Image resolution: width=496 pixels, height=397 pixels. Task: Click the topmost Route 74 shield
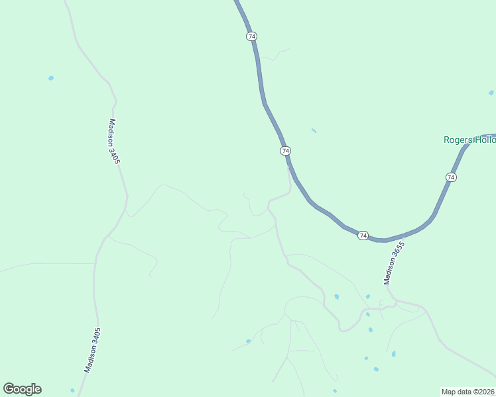click(251, 36)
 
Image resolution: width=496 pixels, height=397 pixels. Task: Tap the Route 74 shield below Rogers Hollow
click(451, 177)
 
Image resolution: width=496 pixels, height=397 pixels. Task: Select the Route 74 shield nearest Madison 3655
click(363, 236)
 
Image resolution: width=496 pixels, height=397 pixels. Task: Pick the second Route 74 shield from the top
click(285, 151)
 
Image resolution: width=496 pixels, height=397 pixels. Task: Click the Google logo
click(22, 389)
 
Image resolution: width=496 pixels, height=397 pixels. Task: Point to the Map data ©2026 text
click(468, 391)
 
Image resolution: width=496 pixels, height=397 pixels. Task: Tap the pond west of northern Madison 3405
click(51, 78)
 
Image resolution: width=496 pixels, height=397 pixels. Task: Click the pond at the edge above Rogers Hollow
click(491, 93)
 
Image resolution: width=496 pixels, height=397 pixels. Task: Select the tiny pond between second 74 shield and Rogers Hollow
click(314, 130)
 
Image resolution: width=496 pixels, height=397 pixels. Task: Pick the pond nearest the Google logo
click(72, 390)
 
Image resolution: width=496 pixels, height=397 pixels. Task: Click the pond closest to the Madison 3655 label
click(368, 296)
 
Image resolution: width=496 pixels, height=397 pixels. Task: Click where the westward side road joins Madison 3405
click(94, 263)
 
